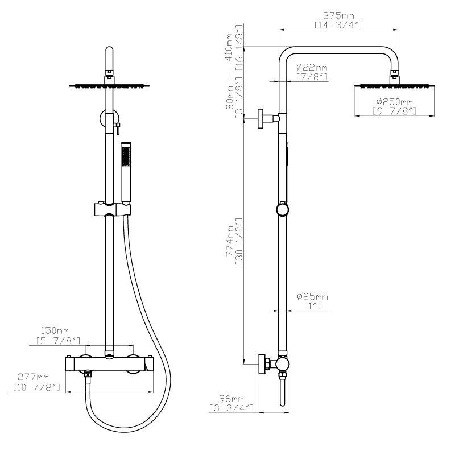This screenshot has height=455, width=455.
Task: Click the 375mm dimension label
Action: coord(338,15)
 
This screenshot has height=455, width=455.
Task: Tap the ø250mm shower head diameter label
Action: coord(394,102)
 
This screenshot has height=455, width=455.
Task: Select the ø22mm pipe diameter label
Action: coord(312,68)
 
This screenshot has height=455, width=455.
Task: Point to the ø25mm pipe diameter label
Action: coord(312,296)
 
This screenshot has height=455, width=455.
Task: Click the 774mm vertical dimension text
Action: coord(230,241)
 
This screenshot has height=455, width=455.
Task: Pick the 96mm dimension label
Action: coord(231,399)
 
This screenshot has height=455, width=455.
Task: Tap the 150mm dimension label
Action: coord(55,330)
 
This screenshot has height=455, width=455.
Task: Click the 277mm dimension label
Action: coord(33,377)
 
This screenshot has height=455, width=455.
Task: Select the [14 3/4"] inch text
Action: coord(338,25)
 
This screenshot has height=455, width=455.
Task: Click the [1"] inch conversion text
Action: coord(312,306)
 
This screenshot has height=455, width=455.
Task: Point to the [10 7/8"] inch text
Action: coord(36,387)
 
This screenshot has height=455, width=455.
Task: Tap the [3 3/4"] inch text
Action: coord(231,408)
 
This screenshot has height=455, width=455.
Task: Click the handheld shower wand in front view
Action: coord(126,172)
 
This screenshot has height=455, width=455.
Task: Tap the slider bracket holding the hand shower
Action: coord(113,209)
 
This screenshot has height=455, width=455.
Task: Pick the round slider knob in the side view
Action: coord(282,210)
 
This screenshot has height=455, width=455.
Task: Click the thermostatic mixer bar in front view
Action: coord(109,364)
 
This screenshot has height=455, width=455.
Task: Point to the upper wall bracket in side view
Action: coord(268,118)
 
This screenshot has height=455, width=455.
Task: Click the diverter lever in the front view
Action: coord(118,128)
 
